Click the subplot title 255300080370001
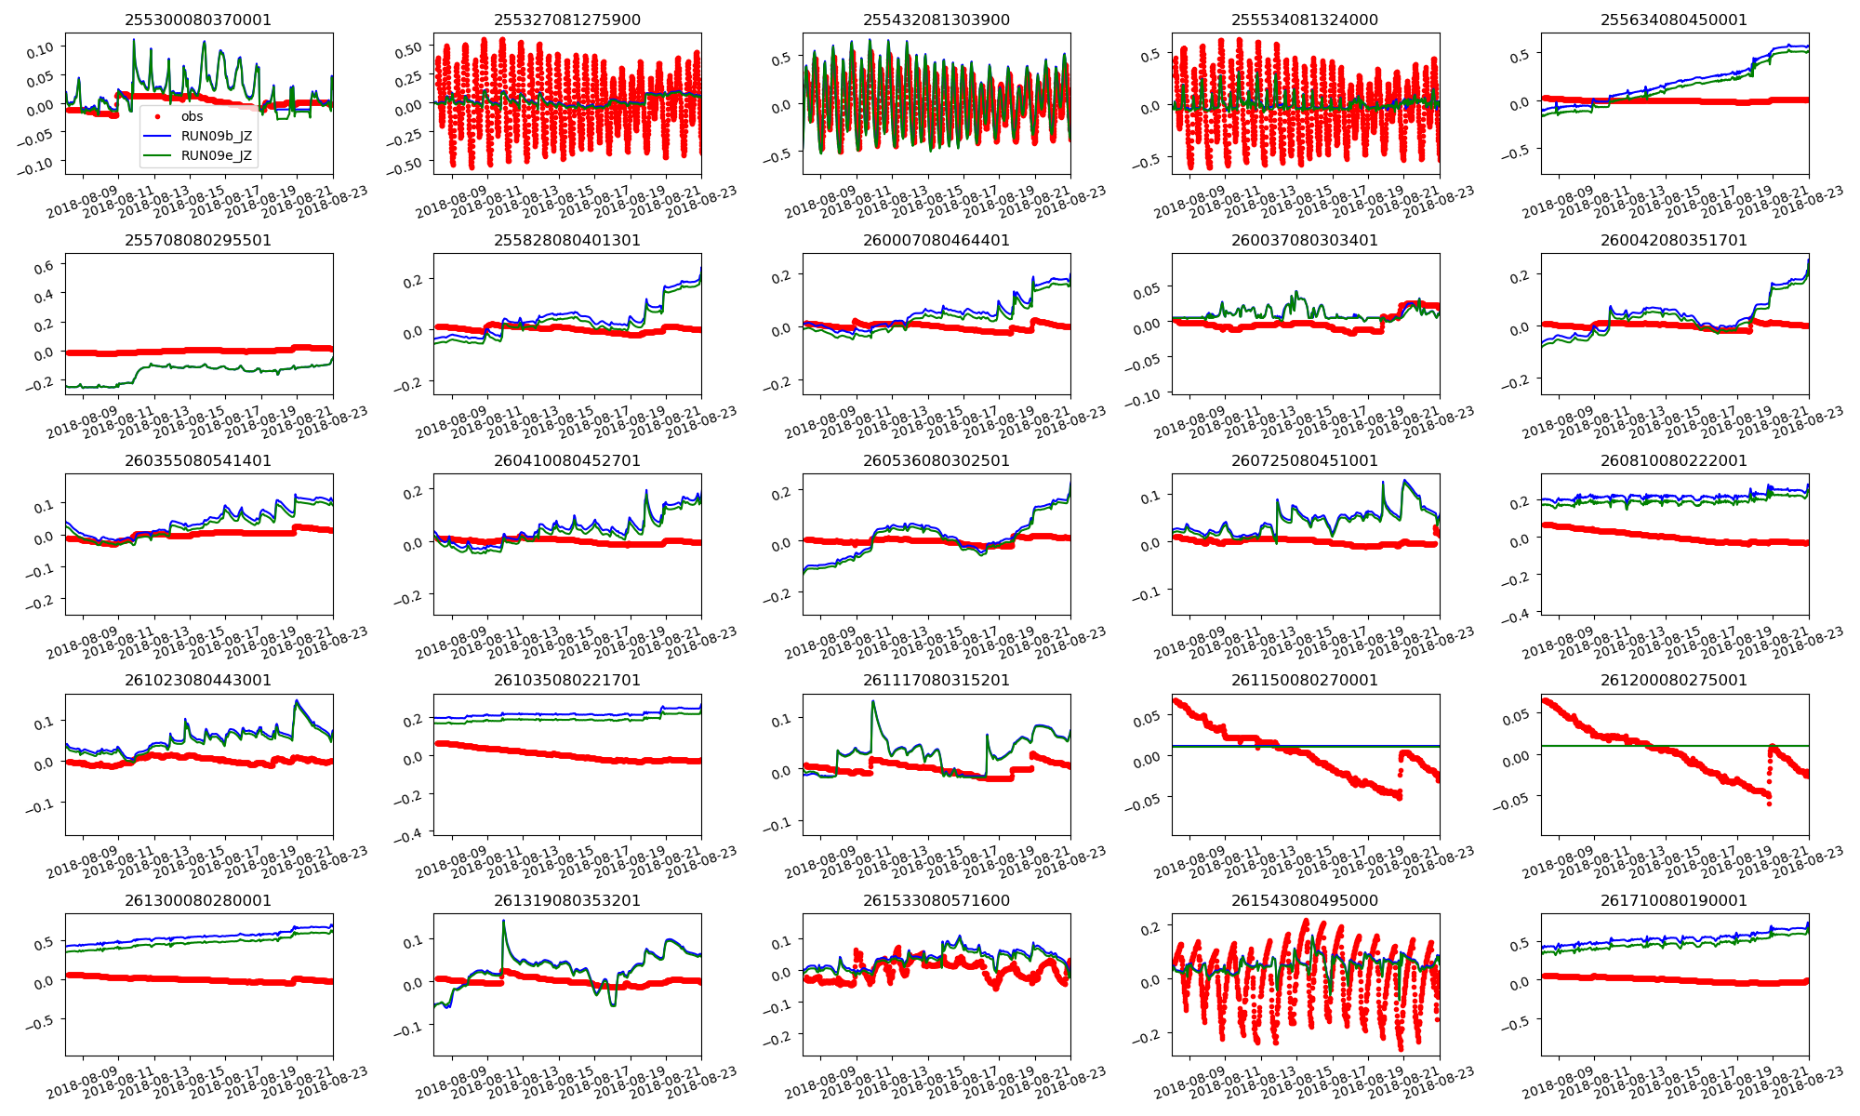click(x=198, y=20)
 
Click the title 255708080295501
click(x=198, y=240)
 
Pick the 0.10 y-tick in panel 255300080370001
click(x=40, y=47)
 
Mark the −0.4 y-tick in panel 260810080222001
click(x=1517, y=615)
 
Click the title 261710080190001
click(x=1674, y=900)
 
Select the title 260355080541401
click(x=198, y=460)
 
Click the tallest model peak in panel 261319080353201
click(x=503, y=921)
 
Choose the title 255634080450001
click(x=1674, y=20)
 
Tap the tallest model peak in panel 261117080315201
click(x=873, y=701)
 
